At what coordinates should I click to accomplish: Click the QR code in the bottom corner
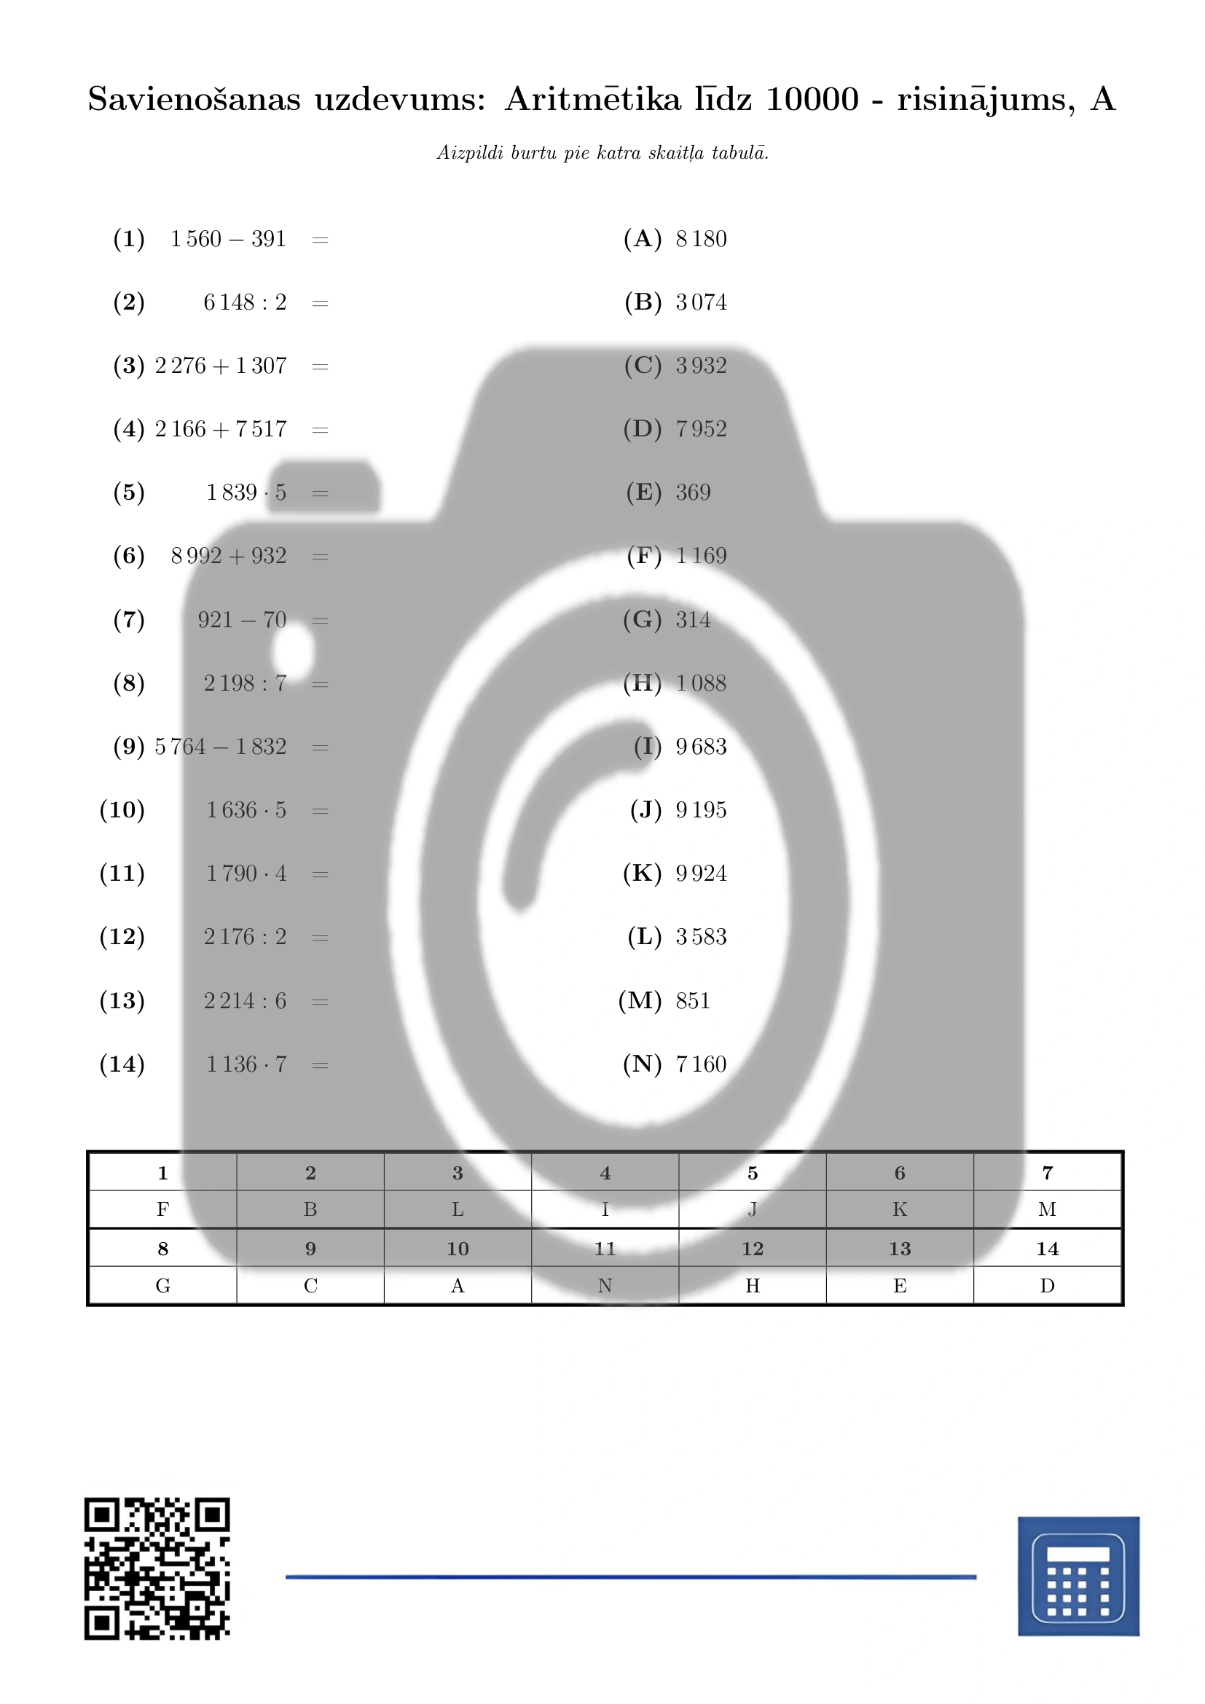157,1569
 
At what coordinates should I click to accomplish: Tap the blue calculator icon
1078,1577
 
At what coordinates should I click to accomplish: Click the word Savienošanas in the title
195,98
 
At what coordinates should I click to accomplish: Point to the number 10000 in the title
812,98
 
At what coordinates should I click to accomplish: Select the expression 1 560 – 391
228,239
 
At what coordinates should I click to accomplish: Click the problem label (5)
128,492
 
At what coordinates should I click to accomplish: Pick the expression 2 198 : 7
245,683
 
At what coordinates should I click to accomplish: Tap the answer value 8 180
701,239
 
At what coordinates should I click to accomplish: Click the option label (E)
643,492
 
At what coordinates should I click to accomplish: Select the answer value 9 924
701,873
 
